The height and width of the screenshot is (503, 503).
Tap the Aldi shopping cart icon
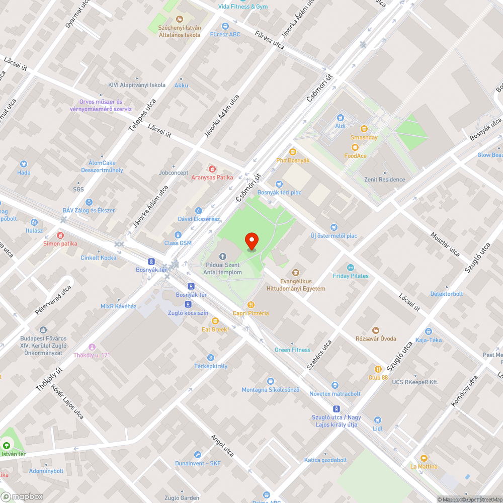pos(340,117)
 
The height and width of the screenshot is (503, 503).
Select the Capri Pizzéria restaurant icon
pos(250,305)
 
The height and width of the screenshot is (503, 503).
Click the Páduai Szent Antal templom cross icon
pos(223,257)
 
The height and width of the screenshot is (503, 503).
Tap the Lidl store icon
pos(378,420)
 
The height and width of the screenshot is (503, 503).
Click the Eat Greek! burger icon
pos(215,321)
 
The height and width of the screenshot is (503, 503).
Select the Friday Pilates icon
pos(351,268)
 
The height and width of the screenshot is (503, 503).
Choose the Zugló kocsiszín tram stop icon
pos(188,304)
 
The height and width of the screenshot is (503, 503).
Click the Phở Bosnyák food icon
pos(293,152)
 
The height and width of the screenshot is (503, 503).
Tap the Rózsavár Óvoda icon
pos(376,330)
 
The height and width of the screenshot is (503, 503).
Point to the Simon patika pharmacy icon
pos(60,235)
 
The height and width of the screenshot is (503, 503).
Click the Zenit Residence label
pos(384,180)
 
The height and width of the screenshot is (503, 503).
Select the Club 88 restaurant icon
pos(378,369)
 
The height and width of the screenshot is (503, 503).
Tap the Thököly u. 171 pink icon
pos(92,347)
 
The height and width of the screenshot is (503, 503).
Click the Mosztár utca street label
pos(445,243)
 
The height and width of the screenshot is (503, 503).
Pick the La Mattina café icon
pos(424,458)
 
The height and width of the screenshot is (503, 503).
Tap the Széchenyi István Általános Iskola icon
pos(180,19)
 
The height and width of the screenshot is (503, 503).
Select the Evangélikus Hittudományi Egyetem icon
pos(296,273)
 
